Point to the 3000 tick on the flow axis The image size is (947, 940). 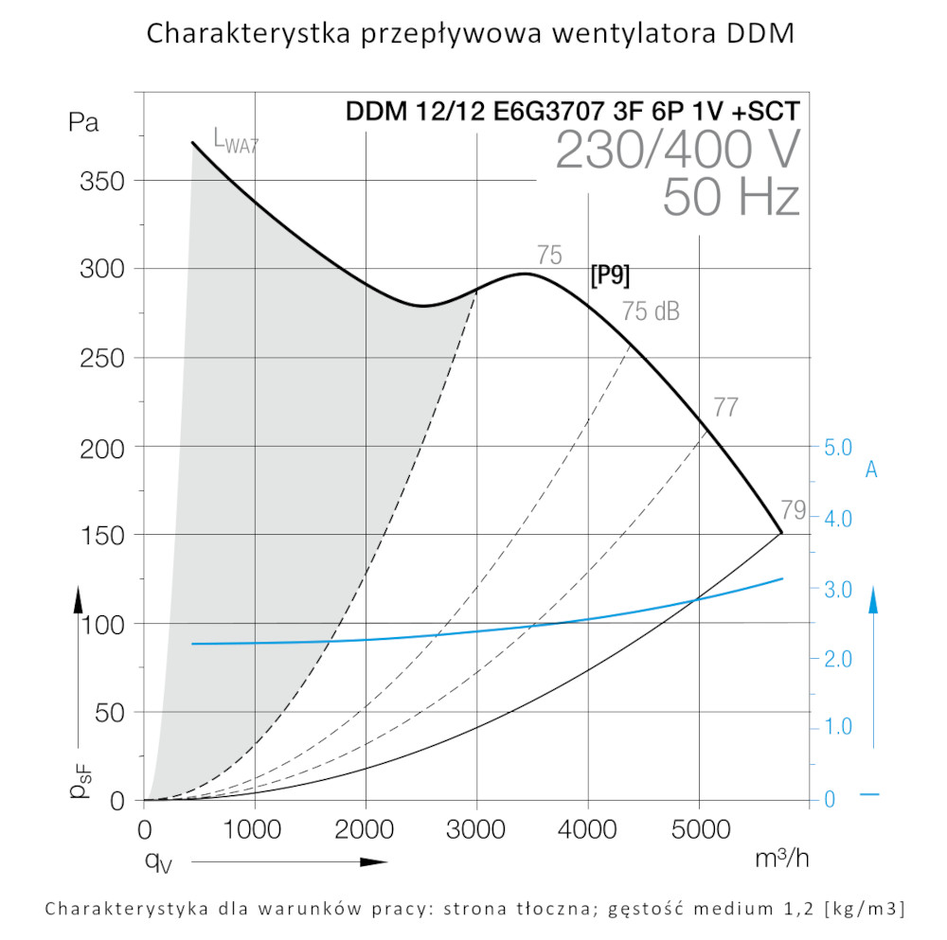point(476,830)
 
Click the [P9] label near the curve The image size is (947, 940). point(610,275)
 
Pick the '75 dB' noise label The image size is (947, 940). point(651,311)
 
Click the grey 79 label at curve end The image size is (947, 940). point(794,510)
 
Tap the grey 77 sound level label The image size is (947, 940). point(725,408)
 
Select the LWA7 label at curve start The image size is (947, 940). point(236,143)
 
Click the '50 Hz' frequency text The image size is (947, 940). point(731,198)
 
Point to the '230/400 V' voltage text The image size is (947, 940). point(677,150)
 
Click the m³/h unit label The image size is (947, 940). point(781,859)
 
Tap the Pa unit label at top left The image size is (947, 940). point(83,122)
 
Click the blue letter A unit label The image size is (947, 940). point(871,470)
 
